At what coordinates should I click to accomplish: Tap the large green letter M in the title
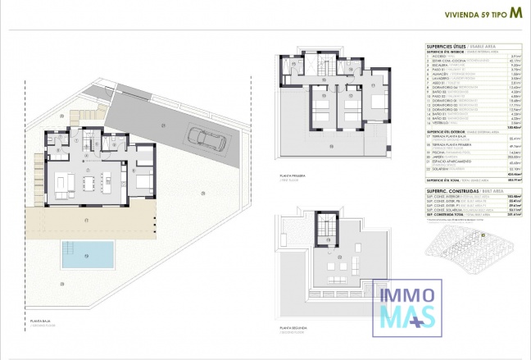pos(515,12)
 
